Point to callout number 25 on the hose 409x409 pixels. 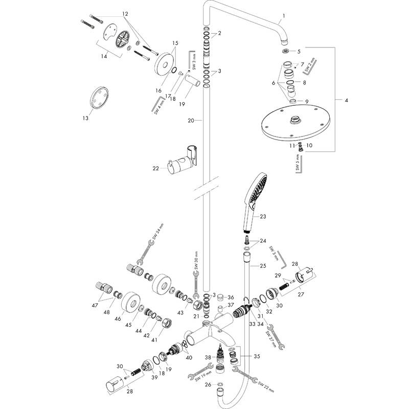(263, 265)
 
